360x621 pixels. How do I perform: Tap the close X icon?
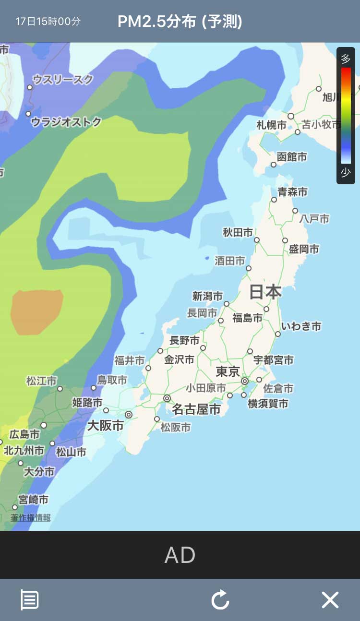330,600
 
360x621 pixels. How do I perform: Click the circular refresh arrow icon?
220,600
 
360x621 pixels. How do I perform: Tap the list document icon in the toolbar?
29,600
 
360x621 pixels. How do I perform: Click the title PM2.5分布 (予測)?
180,22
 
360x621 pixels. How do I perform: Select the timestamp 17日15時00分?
48,22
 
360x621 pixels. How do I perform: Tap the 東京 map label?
228,371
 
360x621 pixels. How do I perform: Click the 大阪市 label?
105,425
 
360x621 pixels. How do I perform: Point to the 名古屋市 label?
196,409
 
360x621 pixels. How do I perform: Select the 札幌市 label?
271,125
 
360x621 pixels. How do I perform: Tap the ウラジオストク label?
66,122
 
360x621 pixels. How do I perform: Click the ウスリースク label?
63,80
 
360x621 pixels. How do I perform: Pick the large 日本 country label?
265,292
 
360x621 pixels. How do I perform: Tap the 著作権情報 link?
31,517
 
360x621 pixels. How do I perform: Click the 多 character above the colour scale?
346,59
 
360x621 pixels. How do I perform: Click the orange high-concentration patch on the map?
37,311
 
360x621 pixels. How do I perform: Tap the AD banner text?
180,555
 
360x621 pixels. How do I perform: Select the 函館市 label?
291,157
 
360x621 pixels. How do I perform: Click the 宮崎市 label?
33,500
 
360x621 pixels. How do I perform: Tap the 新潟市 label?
207,296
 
